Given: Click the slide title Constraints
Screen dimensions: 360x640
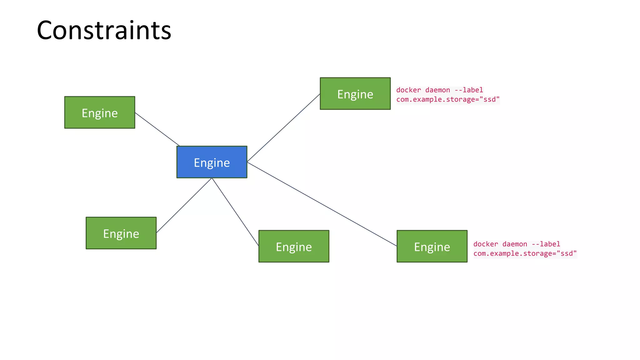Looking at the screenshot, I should [x=104, y=30].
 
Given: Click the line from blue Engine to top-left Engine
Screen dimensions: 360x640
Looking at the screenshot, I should [x=157, y=129].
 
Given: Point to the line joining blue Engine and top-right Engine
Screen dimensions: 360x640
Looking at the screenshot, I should [x=283, y=128].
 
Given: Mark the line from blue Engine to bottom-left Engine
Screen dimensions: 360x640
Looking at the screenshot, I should [x=184, y=205].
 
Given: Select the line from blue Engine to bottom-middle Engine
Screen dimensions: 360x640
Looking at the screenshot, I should [x=235, y=212].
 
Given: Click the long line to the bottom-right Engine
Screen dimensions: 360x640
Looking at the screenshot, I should [x=322, y=204].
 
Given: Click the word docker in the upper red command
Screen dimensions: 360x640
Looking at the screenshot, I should [x=408, y=90].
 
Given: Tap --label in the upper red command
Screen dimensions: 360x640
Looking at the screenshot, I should [x=468, y=90].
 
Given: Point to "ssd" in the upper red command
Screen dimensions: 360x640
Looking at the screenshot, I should [x=491, y=99].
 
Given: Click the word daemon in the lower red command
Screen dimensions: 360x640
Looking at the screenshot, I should [x=515, y=244].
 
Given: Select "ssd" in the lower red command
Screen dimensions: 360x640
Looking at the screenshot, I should [x=568, y=253].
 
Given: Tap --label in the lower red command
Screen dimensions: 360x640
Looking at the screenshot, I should [x=546, y=244].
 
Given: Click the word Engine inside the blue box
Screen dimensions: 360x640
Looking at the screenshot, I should [x=212, y=163].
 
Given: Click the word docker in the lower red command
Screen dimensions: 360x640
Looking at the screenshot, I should [x=485, y=244].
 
